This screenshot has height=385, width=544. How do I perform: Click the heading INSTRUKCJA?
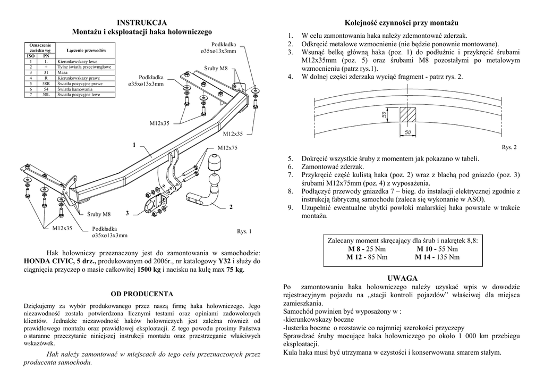(142, 22)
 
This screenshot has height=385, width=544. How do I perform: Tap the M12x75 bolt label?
(227, 147)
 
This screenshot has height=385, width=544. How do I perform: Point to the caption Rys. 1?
(244, 231)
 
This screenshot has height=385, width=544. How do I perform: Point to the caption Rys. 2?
(508, 147)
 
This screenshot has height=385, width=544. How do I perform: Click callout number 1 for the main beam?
(134, 145)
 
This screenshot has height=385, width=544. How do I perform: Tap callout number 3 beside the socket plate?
(127, 214)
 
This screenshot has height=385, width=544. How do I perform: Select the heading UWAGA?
(402, 279)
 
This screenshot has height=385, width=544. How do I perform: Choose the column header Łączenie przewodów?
(86, 50)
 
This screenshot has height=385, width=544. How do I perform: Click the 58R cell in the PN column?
(46, 84)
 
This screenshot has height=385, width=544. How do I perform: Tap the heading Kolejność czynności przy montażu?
(402, 23)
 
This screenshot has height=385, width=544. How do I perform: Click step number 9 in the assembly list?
(290, 208)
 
